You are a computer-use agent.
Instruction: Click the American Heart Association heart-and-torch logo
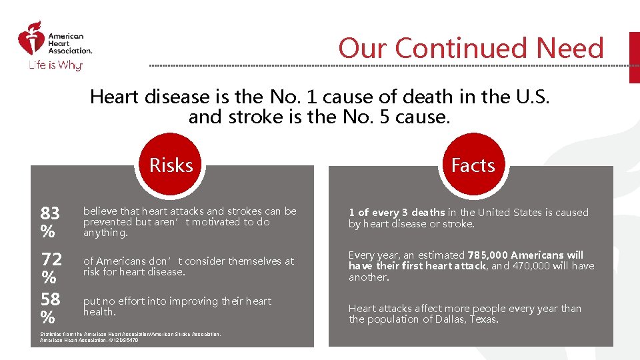tap(29, 39)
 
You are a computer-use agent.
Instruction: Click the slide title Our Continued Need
tap(471, 48)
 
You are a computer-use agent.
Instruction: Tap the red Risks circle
tap(171, 165)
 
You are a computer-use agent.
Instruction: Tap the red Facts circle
tap(473, 165)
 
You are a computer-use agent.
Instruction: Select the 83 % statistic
tap(50, 222)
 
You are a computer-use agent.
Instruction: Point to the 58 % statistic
tap(50, 307)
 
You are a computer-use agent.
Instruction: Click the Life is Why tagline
tap(53, 65)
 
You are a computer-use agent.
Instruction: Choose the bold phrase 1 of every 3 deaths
tap(397, 213)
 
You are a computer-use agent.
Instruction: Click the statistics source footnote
tap(130, 337)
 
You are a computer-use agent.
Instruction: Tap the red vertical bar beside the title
tap(634, 57)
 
